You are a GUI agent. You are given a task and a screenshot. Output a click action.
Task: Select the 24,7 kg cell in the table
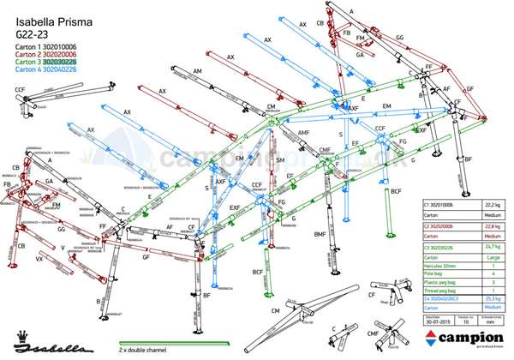tap(493, 247)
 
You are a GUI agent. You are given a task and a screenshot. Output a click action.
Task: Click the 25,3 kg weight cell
tap(493, 297)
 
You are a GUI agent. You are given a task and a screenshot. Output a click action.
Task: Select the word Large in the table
tap(493, 255)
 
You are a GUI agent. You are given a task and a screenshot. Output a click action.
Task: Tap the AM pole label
tap(197, 71)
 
